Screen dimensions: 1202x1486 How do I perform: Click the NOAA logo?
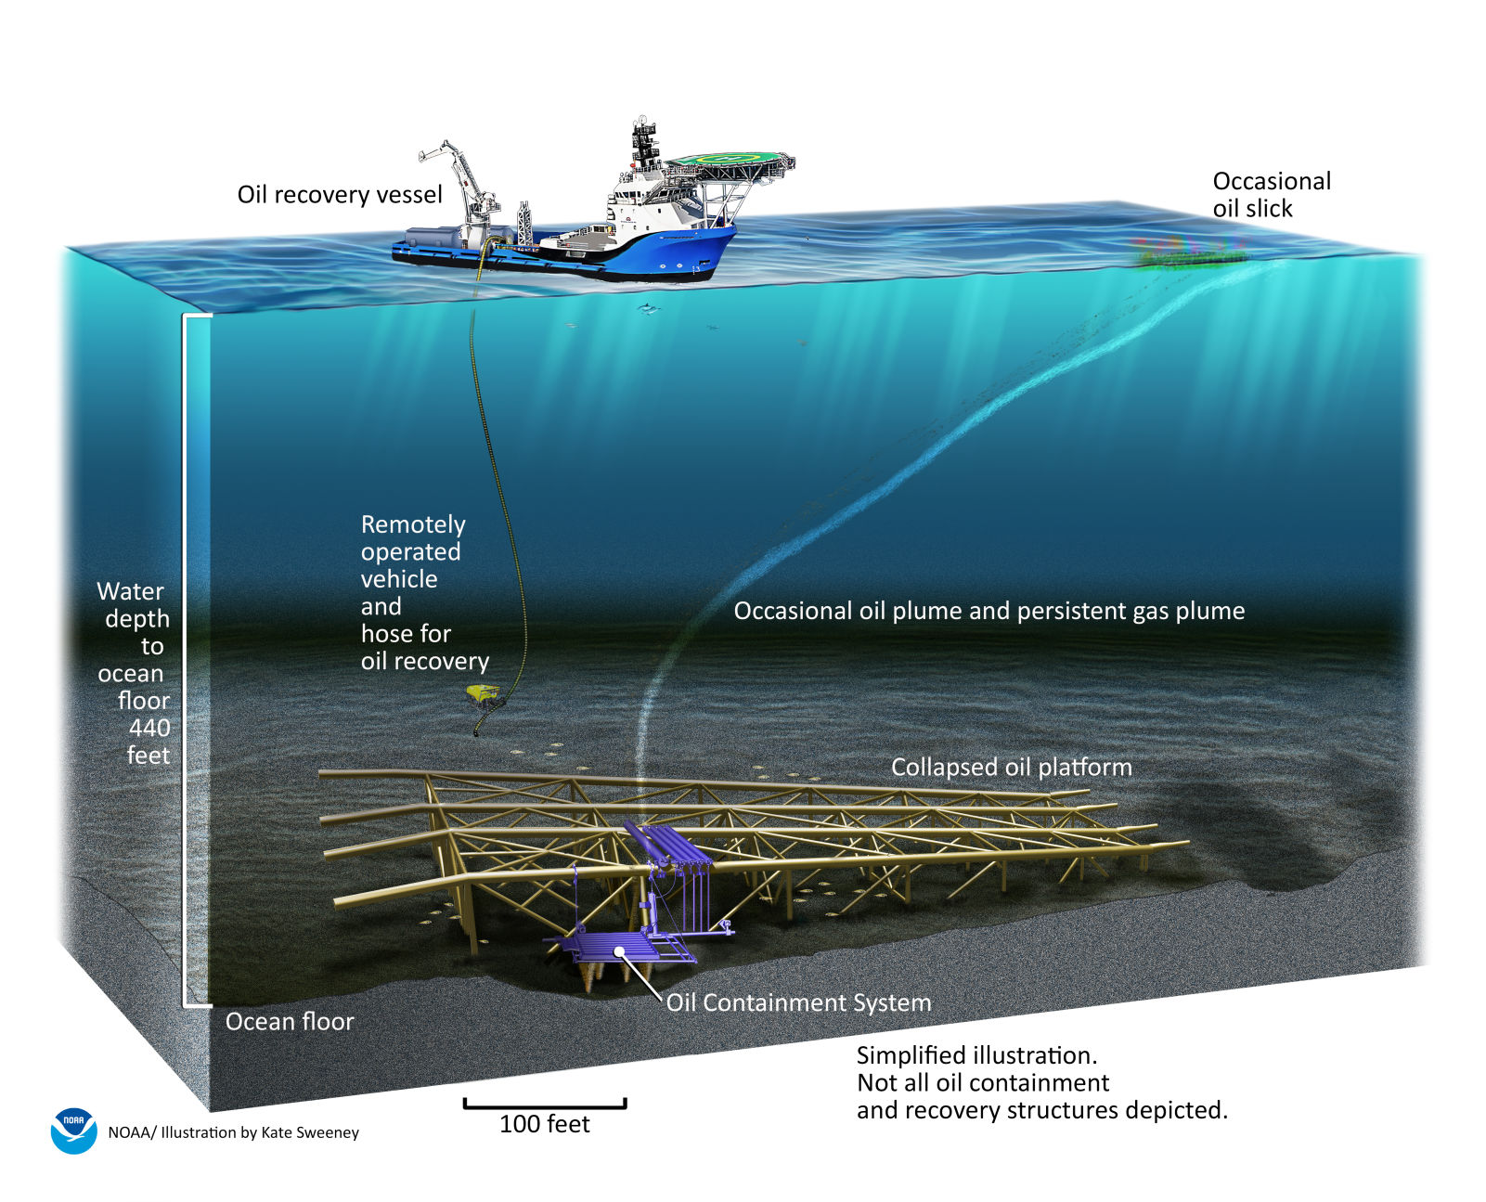[73, 1131]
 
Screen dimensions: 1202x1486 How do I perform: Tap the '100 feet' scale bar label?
[545, 1124]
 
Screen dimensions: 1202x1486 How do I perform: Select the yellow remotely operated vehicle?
[483, 693]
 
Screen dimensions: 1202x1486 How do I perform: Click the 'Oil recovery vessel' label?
[340, 195]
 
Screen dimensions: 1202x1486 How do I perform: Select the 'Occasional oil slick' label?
[1271, 194]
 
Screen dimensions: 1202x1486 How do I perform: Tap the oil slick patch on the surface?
[1188, 252]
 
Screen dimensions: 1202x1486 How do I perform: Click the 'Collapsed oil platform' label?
[1011, 767]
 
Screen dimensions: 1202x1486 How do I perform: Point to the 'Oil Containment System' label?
[798, 1002]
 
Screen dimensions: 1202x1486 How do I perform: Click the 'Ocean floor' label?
[290, 1021]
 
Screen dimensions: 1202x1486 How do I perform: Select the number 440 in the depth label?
[149, 728]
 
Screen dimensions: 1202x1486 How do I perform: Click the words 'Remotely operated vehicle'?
[412, 551]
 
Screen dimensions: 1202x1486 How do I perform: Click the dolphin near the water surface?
[646, 308]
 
